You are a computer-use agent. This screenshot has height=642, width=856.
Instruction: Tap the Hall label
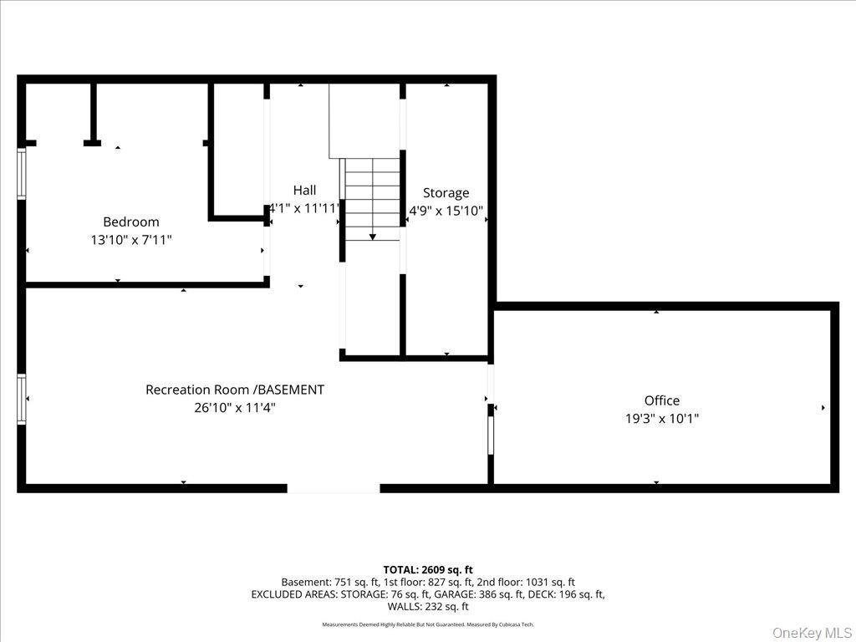[304, 190]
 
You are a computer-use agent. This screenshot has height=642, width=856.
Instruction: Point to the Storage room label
[446, 193]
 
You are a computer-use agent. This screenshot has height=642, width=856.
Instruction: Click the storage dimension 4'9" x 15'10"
[446, 211]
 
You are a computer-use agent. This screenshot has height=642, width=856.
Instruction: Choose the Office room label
[661, 400]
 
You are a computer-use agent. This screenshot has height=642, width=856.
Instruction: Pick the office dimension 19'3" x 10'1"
[661, 419]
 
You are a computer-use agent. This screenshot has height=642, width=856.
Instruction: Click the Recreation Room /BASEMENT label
[235, 390]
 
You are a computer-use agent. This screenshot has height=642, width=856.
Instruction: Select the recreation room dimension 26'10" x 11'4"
[235, 408]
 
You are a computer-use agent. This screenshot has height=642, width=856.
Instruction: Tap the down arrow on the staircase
[372, 237]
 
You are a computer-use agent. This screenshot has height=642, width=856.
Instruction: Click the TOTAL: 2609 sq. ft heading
[428, 569]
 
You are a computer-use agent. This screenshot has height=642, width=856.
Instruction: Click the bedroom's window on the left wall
[22, 174]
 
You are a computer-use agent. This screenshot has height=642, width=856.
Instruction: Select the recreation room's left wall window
[22, 400]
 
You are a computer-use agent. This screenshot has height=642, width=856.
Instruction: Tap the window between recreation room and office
[491, 435]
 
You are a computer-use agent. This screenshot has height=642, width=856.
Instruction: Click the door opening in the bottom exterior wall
[334, 488]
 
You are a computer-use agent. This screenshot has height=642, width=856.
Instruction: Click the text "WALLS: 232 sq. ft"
[428, 607]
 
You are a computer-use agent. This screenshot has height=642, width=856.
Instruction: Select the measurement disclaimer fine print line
[428, 624]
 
